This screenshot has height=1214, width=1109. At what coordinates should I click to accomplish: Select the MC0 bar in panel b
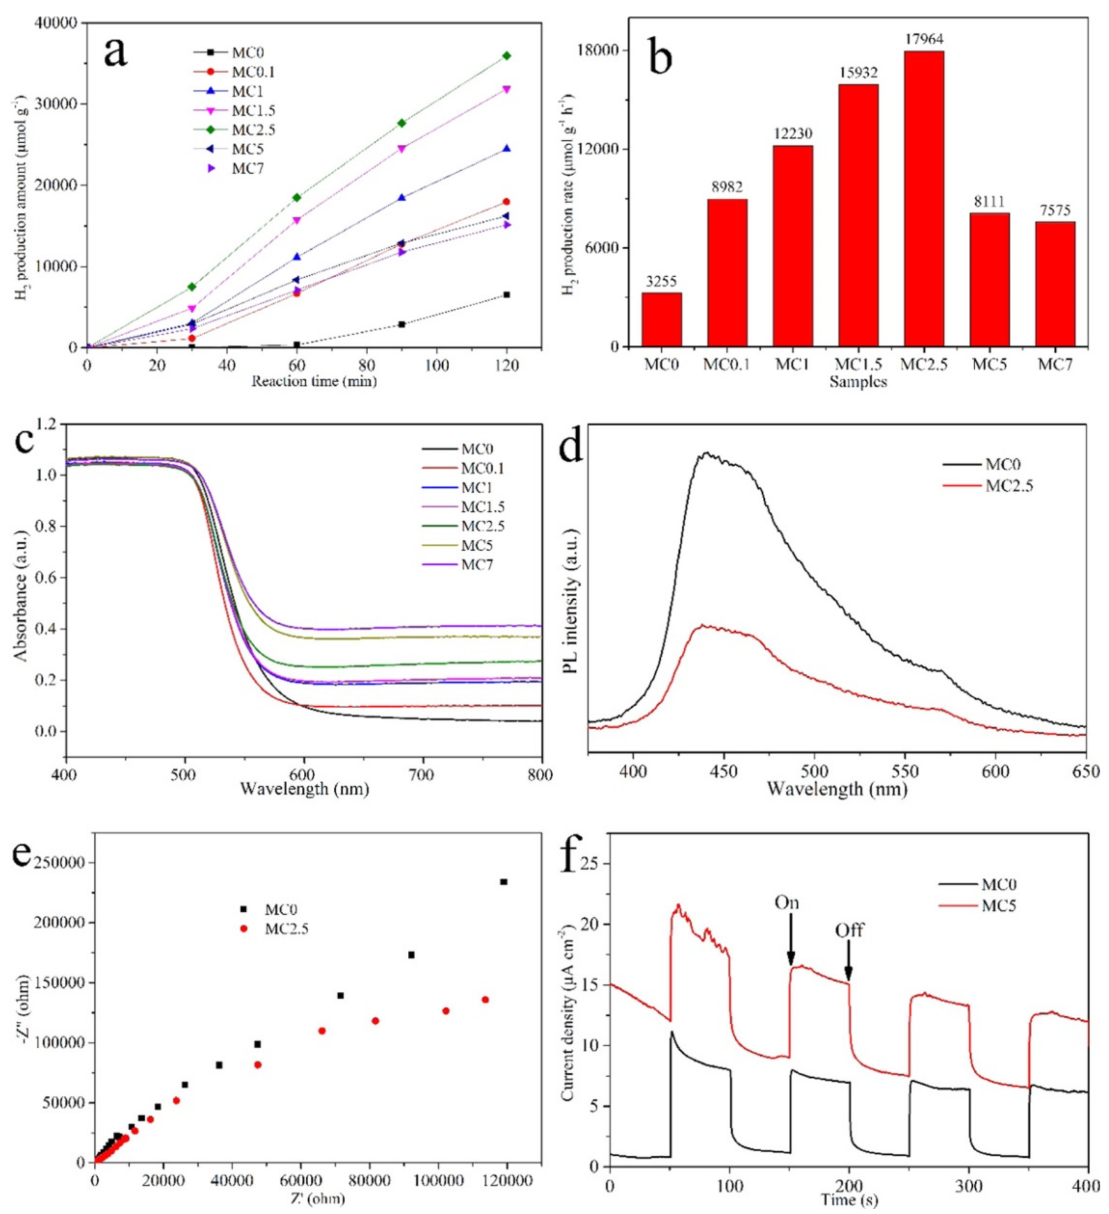661,319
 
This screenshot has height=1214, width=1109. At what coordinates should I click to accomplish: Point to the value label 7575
1054,211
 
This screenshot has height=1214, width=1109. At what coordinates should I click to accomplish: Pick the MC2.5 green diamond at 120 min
507,56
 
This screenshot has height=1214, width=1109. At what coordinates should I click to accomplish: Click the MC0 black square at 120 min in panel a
507,294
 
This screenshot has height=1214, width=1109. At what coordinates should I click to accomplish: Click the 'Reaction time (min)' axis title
314,381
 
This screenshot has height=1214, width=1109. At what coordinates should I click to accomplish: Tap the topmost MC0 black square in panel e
504,882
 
